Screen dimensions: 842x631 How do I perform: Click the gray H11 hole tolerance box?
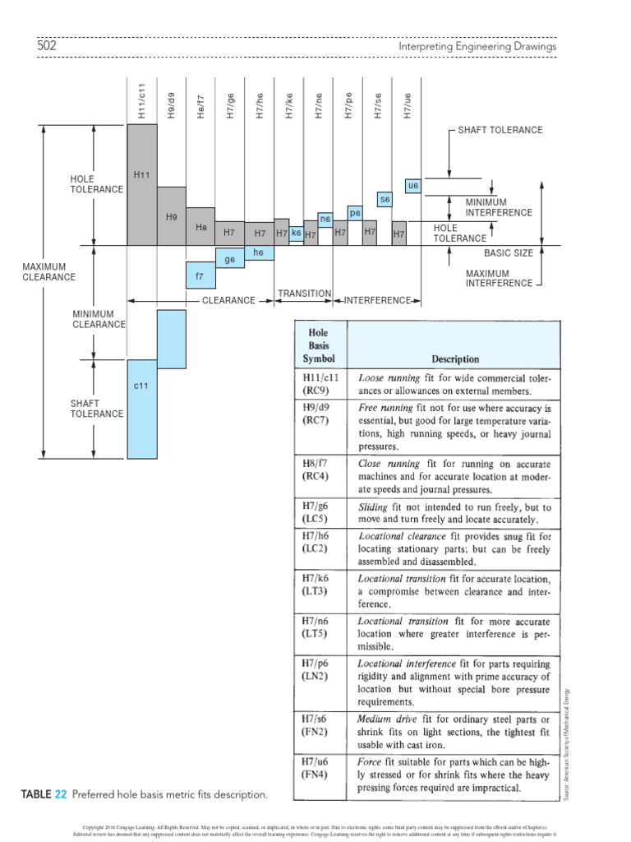coord(141,184)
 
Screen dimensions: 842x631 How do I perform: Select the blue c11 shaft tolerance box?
coord(141,409)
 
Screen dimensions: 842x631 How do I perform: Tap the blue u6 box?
coord(413,186)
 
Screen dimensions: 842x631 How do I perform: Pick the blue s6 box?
coord(384,199)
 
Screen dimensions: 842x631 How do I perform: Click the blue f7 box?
coord(200,275)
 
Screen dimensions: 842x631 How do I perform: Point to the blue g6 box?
coord(230,260)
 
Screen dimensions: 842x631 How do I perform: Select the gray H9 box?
coord(171,215)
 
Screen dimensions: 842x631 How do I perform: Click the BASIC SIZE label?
coord(508,253)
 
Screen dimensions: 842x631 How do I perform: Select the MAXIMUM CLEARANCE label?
coord(49,272)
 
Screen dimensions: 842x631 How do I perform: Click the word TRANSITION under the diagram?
coord(304,294)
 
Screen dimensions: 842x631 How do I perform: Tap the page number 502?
coord(47,46)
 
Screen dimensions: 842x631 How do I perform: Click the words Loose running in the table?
coord(389,377)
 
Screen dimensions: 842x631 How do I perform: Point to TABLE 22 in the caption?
coord(44,795)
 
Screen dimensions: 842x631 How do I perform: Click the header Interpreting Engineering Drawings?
coord(477,47)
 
